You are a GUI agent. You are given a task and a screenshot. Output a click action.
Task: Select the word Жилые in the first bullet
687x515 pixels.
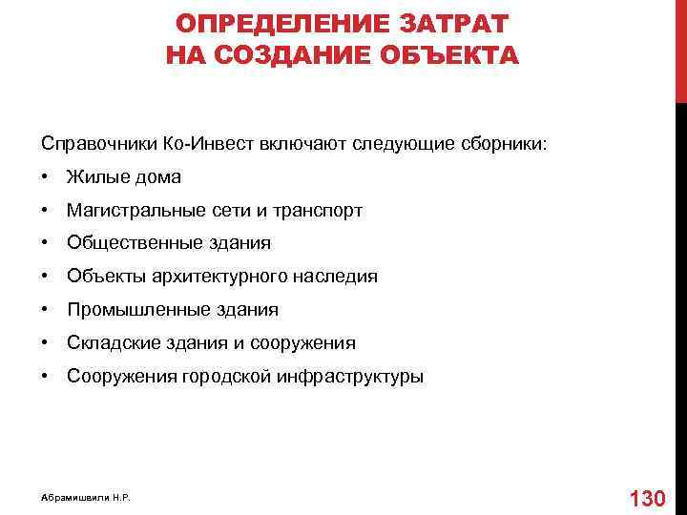pyautogui.click(x=94, y=177)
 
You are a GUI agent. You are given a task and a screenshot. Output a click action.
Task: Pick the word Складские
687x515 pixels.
pyautogui.click(x=110, y=343)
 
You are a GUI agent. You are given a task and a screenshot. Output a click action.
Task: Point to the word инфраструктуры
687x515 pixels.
pyautogui.click(x=350, y=377)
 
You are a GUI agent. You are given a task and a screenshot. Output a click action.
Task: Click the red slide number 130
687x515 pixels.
pyautogui.click(x=648, y=498)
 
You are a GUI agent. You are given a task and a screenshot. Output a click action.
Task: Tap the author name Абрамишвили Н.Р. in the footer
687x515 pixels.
pyautogui.click(x=86, y=499)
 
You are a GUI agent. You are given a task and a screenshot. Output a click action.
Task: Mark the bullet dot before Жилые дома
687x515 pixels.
pyautogui.click(x=46, y=177)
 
